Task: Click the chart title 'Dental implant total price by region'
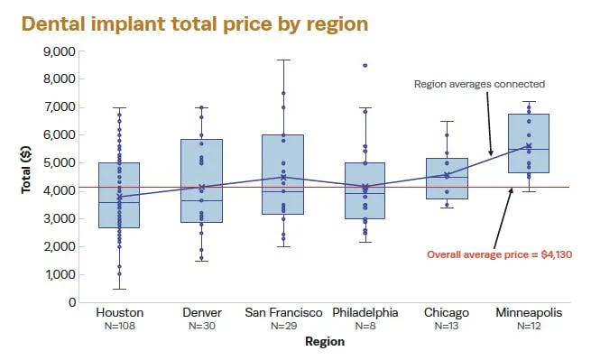coord(194,23)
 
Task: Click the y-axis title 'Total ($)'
coord(26,176)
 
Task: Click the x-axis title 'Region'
coord(324,342)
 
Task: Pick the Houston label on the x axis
coord(119,312)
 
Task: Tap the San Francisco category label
coord(283,312)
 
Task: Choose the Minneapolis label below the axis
coord(529,312)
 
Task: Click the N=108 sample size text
coord(119,326)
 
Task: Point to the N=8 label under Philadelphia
coord(365,326)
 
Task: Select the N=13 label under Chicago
coord(447,326)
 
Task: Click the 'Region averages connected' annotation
coord(479,84)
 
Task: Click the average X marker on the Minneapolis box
coord(529,146)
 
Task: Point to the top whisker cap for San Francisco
coord(283,60)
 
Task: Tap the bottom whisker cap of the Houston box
coord(119,289)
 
